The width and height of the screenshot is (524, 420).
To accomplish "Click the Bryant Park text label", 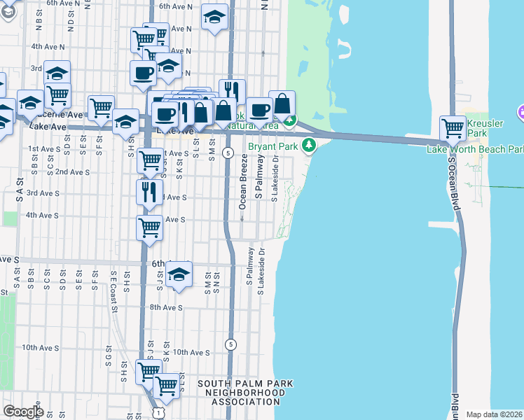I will click(x=273, y=146).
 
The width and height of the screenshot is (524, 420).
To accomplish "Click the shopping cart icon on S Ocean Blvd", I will click(x=453, y=128).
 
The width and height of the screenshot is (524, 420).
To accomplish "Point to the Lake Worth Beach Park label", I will click(x=476, y=149).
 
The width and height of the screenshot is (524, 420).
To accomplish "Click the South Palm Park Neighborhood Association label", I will click(x=245, y=392).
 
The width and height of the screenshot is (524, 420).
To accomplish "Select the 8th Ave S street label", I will click(x=167, y=307).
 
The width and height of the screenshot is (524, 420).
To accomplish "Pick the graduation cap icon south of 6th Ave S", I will click(x=179, y=274).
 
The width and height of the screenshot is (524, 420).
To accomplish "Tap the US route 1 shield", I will click(x=160, y=414).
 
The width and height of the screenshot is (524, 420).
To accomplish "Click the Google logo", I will click(x=23, y=411).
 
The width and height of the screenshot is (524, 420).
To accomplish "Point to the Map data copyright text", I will click(x=495, y=414).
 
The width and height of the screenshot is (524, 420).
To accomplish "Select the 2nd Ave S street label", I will click(x=72, y=171).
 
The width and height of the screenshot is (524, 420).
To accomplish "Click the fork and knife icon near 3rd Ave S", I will click(x=150, y=192).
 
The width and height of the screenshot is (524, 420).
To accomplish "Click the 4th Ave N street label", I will click(x=48, y=47).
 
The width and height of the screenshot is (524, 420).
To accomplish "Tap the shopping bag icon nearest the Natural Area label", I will click(x=282, y=104).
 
